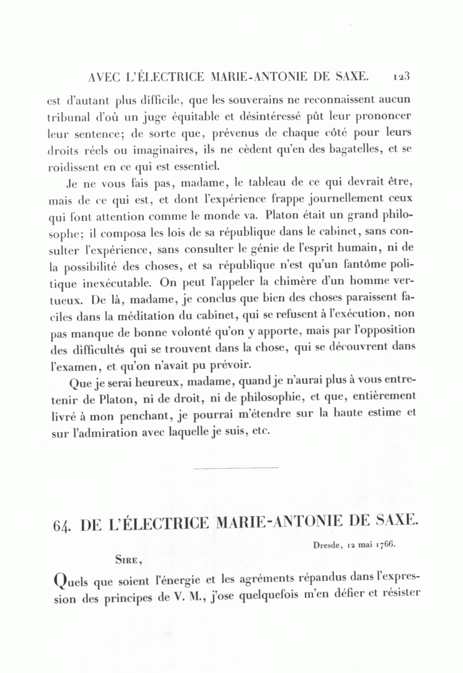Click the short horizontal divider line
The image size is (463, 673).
pos(236,468)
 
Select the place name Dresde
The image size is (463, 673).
pos(327,545)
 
